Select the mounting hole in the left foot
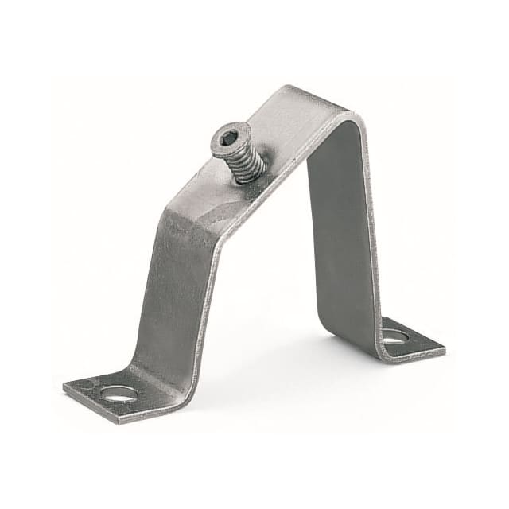(x=119, y=392)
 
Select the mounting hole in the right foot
(x=394, y=336)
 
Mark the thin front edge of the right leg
(x=367, y=239)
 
